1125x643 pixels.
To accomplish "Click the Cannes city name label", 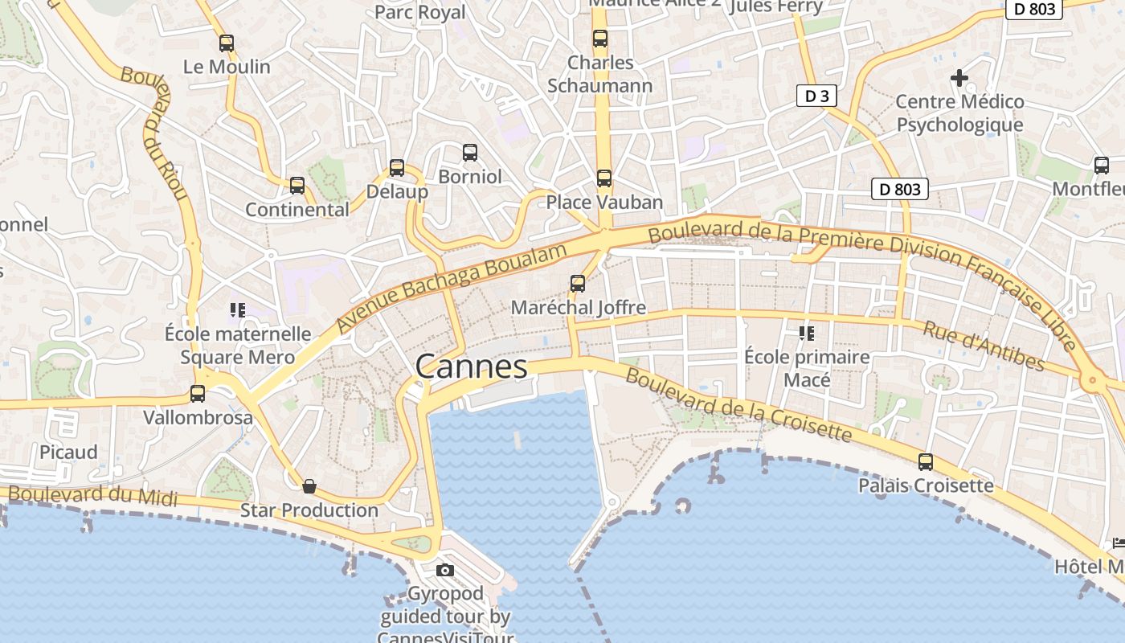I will pos(472,367).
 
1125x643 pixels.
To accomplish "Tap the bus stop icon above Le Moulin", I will pos(227,43).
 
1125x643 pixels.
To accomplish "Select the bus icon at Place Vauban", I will pos(604,178).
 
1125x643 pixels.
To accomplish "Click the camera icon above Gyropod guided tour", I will pos(444,571).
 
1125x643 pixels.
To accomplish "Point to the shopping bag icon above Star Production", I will pos(309,486).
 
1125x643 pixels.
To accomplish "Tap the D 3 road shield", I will pos(816,96).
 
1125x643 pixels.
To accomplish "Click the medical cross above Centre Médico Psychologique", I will pos(959,78).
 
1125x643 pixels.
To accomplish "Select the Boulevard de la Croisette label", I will pos(738,405).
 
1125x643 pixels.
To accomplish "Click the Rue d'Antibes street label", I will pos(984,346).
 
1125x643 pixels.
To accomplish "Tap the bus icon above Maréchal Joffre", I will pos(578,284).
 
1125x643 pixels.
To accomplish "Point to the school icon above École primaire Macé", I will pos(807,333).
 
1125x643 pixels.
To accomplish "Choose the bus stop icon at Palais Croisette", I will pos(926,462).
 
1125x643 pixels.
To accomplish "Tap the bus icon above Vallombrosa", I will pos(198,394).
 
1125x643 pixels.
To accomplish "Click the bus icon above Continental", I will pos(297,186).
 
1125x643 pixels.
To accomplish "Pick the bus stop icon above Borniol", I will pos(470,153).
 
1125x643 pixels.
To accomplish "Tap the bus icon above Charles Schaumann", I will pos(600,39).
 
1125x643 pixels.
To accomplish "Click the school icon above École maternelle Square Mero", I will pos(237,309).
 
